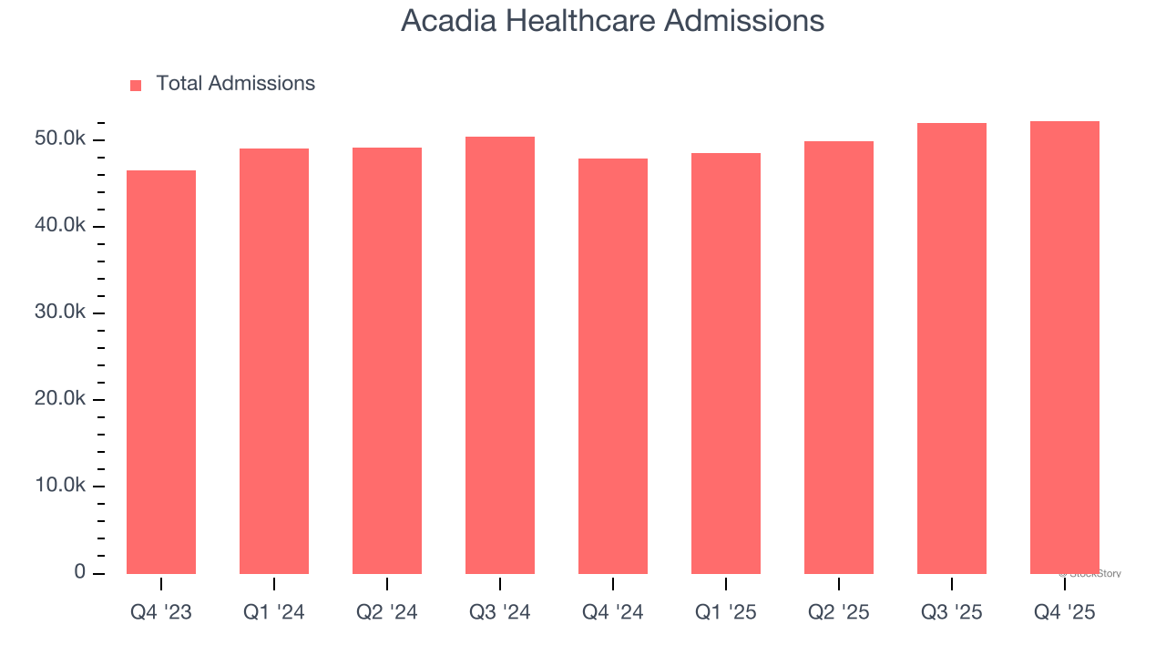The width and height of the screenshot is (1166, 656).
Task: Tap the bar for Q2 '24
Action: pos(387,361)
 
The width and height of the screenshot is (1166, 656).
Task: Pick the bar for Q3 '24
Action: pos(500,355)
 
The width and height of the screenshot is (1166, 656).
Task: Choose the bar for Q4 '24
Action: pos(613,366)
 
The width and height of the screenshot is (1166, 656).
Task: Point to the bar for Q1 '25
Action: pos(726,364)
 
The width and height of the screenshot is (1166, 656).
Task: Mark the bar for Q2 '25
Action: pos(839,357)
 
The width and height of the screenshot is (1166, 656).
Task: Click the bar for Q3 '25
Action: pos(952,348)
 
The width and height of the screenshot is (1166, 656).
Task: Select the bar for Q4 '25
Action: pos(1065,347)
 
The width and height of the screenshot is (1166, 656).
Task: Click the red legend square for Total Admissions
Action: pos(136,85)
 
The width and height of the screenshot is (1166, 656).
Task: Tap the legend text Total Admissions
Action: pos(235,84)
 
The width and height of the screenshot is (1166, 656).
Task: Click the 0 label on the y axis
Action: pos(80,572)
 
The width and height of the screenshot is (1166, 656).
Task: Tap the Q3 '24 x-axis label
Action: pos(500,612)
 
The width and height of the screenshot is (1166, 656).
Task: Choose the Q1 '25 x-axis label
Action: pos(726,612)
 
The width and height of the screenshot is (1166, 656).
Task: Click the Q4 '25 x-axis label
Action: pos(1065,612)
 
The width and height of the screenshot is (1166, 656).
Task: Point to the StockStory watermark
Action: pos(1090,574)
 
